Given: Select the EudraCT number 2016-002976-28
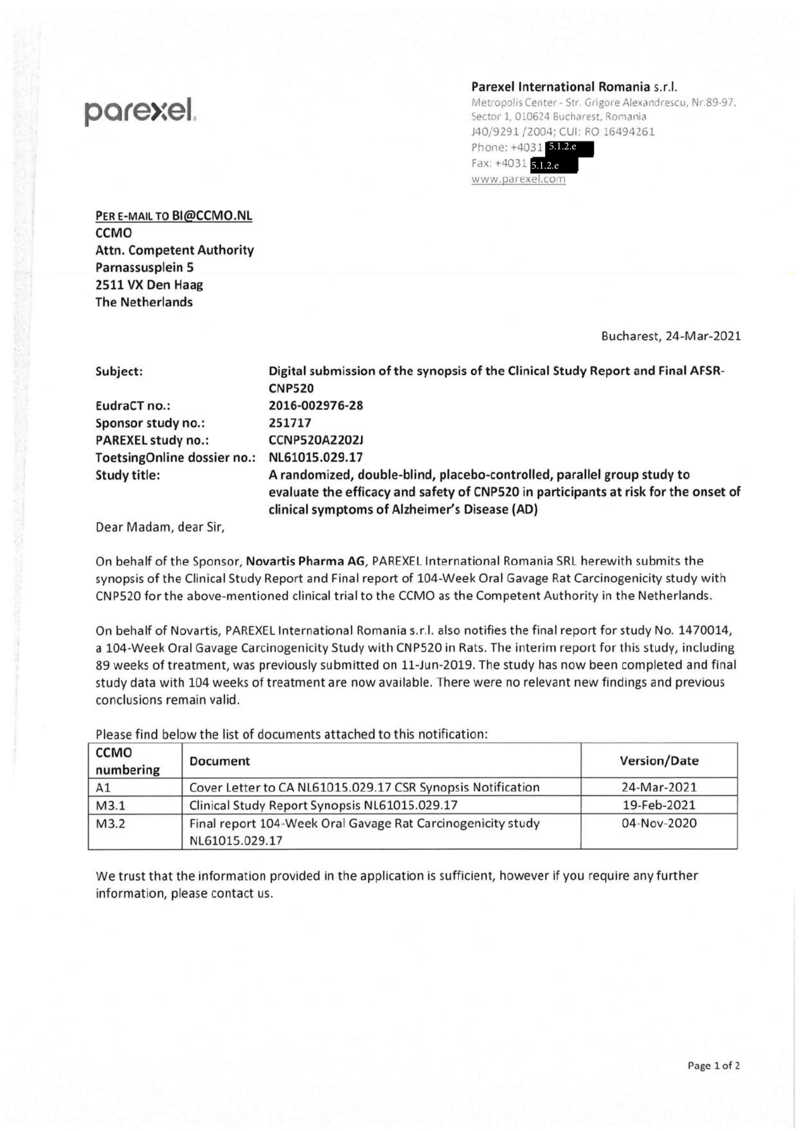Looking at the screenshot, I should [x=315, y=406].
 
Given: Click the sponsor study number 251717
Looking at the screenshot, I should [x=290, y=423].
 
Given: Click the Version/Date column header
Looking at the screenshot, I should [x=659, y=760].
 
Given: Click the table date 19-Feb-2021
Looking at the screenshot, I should [x=659, y=805].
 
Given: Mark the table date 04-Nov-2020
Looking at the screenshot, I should [x=659, y=823].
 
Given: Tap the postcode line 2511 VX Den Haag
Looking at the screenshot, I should [x=149, y=285].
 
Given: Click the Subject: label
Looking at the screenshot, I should [x=119, y=372].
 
